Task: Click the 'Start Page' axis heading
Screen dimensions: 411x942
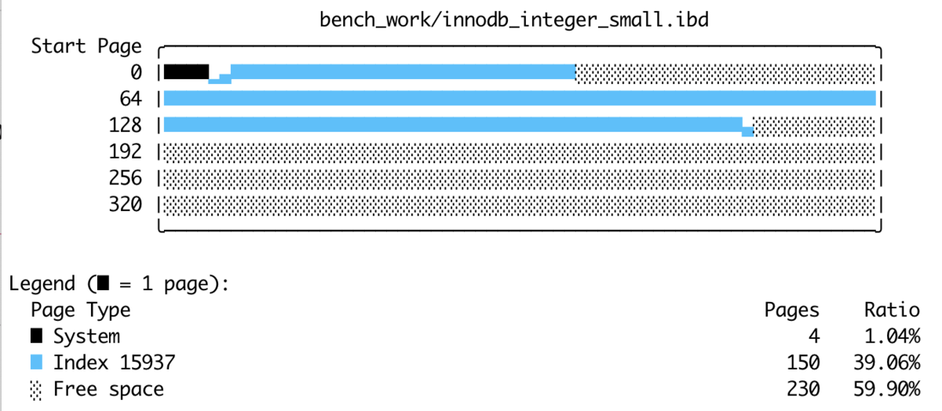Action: point(86,46)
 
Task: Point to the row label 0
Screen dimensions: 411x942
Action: point(136,72)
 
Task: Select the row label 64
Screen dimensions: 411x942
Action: point(130,99)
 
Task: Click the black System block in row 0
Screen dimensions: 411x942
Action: point(186,72)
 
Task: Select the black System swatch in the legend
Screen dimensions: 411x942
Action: point(36,336)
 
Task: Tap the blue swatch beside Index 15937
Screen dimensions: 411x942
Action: point(36,362)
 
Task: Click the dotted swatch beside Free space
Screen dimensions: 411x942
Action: point(36,389)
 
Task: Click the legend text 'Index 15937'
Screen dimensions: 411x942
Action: point(114,362)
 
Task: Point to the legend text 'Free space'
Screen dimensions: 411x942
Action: point(108,389)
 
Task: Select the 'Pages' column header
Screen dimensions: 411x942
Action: point(791,311)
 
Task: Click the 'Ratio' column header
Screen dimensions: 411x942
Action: point(892,311)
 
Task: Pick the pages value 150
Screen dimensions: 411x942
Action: point(803,362)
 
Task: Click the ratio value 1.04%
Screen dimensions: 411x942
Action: point(892,336)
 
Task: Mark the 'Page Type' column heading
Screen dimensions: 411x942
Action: point(81,311)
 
